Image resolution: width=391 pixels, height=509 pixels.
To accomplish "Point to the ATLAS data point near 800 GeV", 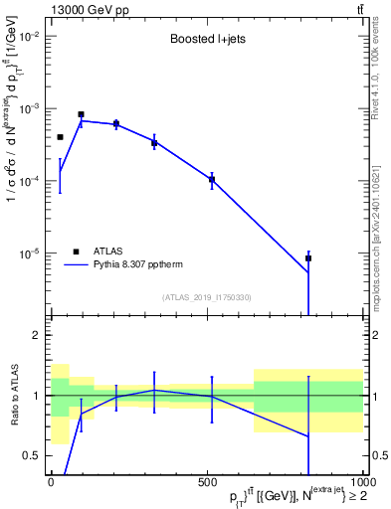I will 308,258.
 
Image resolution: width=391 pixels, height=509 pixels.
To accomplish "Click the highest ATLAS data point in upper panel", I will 81,114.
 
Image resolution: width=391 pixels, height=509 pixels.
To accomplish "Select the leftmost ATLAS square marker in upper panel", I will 60,137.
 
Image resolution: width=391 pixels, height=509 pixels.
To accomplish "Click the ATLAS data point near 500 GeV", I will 212,180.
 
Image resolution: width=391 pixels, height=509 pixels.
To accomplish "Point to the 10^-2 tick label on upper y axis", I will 29,36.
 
